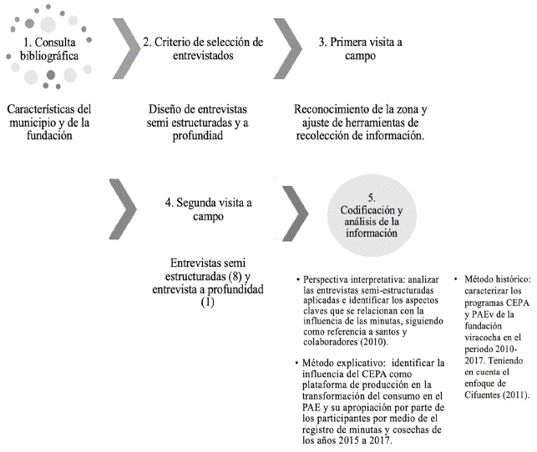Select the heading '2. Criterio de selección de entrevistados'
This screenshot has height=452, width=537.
coord(203,48)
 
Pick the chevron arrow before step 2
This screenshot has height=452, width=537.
coord(125,49)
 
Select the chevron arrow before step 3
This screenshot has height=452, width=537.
coord(286,49)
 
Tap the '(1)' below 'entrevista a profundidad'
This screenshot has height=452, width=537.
coord(207,302)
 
